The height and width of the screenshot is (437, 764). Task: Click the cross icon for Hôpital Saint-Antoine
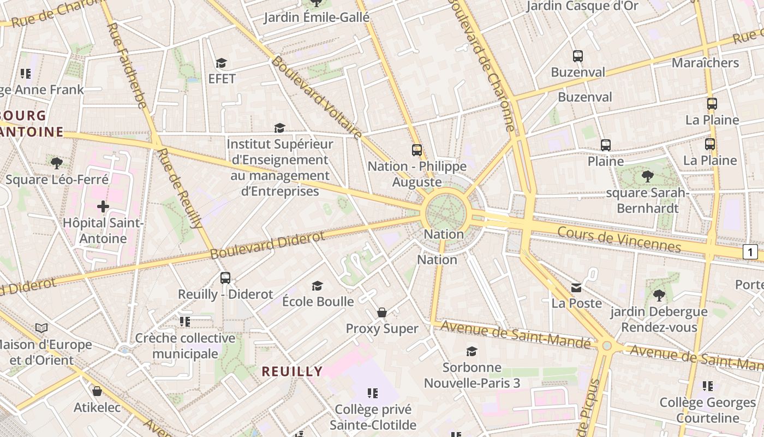[103, 206]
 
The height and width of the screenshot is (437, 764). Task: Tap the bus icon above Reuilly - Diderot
[225, 277]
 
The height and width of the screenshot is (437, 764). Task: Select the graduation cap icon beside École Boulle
[317, 286]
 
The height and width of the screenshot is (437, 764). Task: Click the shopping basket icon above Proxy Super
[382, 312]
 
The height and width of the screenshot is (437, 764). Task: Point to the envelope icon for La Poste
[576, 287]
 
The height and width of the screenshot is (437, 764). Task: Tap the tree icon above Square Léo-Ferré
[56, 163]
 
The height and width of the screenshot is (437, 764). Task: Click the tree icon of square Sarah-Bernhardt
[648, 176]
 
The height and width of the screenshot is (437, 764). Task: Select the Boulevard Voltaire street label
[317, 97]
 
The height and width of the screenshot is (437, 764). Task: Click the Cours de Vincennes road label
[619, 239]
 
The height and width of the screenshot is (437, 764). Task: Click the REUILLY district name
[292, 371]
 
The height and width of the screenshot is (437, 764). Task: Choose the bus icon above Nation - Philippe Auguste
[417, 150]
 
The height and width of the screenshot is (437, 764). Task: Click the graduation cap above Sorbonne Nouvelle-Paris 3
[471, 351]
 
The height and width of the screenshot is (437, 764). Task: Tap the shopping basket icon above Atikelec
[97, 391]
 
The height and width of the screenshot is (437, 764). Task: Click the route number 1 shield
[750, 252]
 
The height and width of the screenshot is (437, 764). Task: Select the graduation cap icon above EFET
[221, 63]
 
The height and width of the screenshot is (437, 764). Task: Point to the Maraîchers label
[705, 63]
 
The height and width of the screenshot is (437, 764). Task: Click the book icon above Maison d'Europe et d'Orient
[41, 328]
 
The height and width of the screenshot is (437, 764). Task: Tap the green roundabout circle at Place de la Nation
[446, 210]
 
